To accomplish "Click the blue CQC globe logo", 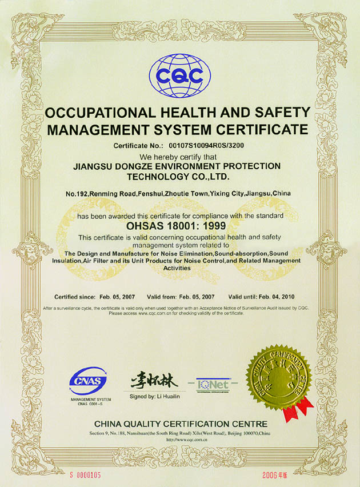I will click(x=179, y=75).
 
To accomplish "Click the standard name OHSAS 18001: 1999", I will click(x=180, y=226).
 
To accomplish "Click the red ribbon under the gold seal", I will click(x=298, y=408).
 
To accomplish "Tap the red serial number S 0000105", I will click(x=86, y=475).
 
